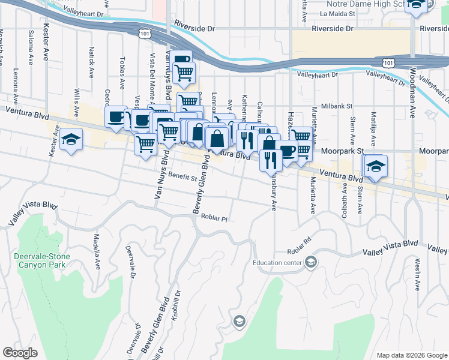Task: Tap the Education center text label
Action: point(278,262)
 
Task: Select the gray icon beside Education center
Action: point(311,262)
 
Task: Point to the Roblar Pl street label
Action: point(215,218)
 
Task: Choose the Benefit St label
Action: point(182,178)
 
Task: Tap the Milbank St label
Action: point(337,106)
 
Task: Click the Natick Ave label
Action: point(91,62)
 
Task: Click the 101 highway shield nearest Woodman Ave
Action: point(388,62)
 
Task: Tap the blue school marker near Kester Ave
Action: point(71,140)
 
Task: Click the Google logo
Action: point(20,353)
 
